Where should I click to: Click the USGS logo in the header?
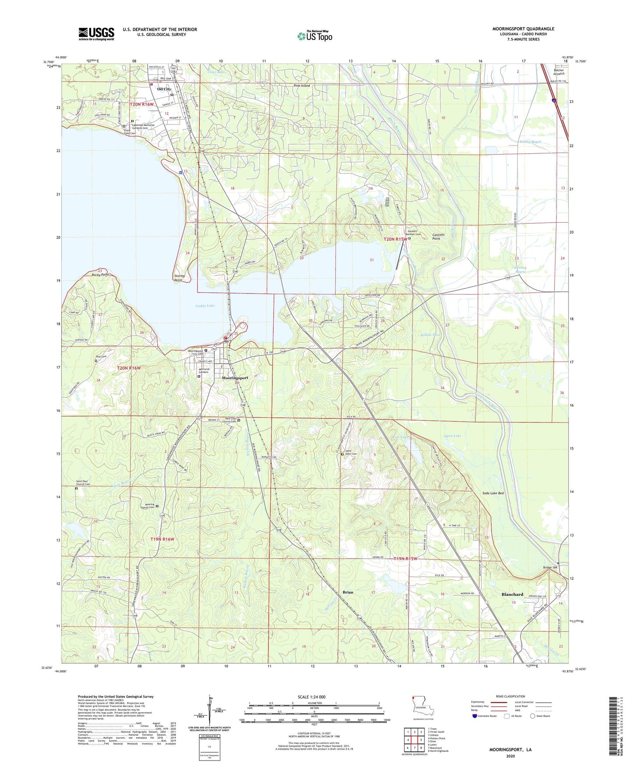[x=96, y=34]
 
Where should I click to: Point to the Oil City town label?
[x=164, y=89]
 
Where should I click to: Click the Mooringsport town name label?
[x=235, y=378]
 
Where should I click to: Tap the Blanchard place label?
[x=512, y=595]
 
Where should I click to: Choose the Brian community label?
[x=347, y=592]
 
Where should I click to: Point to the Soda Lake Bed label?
[x=493, y=494]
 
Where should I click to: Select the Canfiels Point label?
[x=439, y=237]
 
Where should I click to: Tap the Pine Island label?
[x=301, y=85]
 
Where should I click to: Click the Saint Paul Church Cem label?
[x=83, y=482]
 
